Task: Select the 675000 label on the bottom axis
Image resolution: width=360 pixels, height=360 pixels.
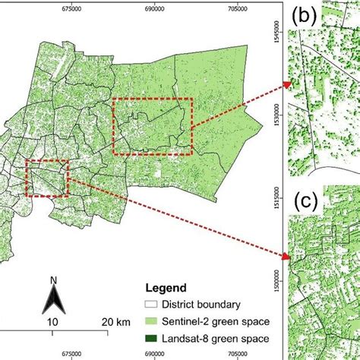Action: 72,354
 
